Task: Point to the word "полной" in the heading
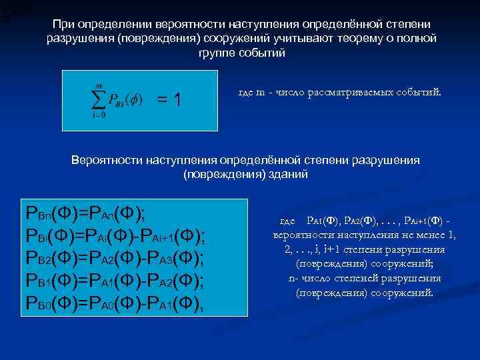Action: pos(417,39)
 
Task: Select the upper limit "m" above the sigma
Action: pos(99,81)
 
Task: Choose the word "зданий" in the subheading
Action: pos(288,174)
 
